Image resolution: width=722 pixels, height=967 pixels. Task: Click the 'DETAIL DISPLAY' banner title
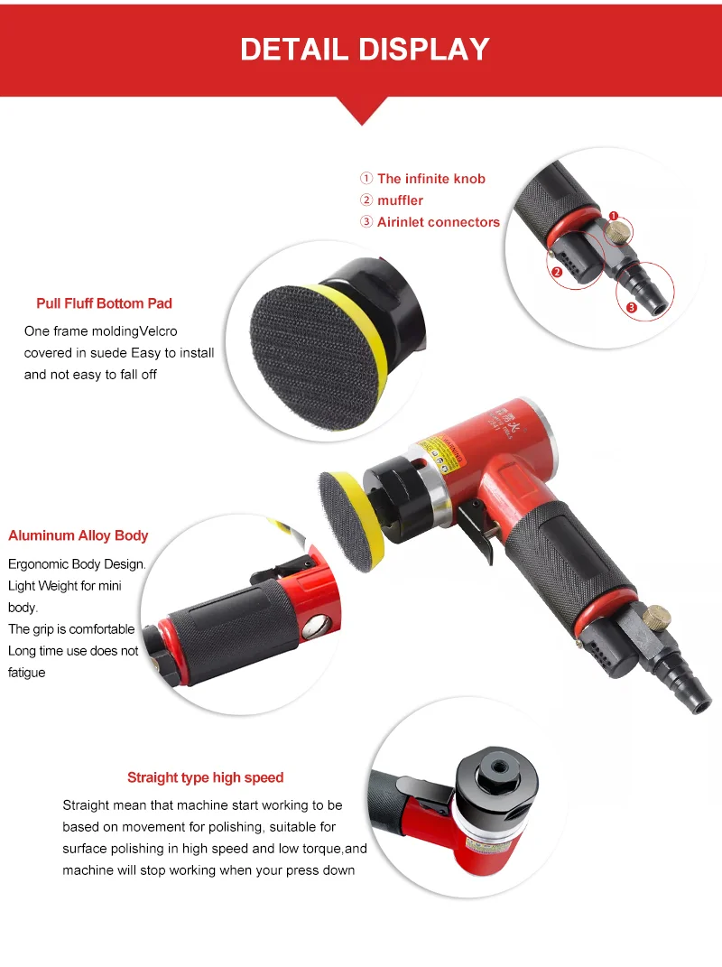pos(365,49)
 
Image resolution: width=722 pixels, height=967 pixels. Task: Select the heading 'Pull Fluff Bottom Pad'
pos(104,303)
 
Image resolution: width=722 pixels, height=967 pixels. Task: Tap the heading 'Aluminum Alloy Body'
pos(78,535)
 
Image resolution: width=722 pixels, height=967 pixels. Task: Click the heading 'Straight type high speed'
pos(205,777)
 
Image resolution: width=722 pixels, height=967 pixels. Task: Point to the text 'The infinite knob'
pos(430,179)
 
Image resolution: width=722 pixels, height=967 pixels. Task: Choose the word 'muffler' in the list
pos(400,200)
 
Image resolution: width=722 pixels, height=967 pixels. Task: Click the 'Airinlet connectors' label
pos(438,222)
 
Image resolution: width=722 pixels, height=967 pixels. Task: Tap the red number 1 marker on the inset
pos(613,217)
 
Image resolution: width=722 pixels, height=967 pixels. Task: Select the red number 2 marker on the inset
pos(557,271)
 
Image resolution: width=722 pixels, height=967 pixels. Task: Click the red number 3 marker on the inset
pos(631,308)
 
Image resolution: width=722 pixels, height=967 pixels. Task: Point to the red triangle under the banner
pos(362,109)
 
